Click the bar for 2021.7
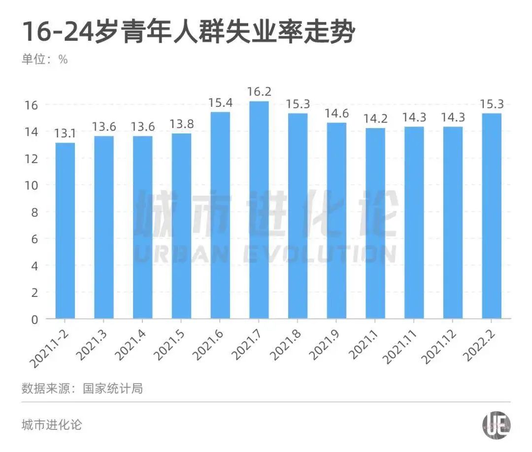pos(259,210)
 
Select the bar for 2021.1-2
pos(65,230)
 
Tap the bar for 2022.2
pos(491,216)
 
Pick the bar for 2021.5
pos(181,226)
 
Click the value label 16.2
pos(259,92)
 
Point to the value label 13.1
pos(65,133)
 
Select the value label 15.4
pos(220,103)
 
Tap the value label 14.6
pos(336,113)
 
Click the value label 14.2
pos(375,119)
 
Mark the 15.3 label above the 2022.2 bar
pos(491,104)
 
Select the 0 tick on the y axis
pos(35,319)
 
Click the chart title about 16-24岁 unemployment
pos(188,32)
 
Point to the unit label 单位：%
pos(44,60)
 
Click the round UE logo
pos(496,424)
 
